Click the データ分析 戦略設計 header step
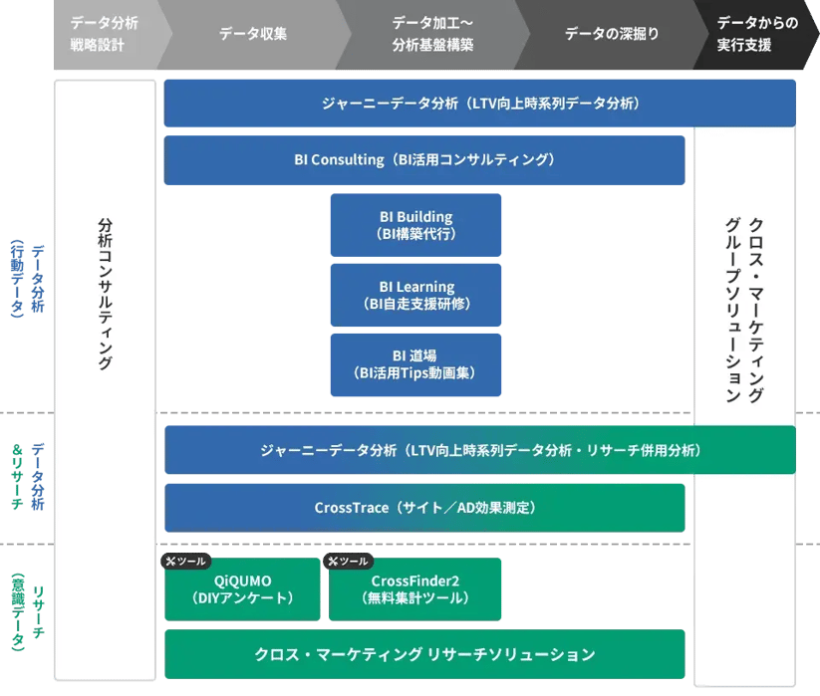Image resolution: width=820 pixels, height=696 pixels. [105, 35]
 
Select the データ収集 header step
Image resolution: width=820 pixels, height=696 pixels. [253, 35]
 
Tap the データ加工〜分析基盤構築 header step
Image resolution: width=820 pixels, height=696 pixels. [432, 35]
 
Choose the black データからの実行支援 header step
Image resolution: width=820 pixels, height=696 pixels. [756, 35]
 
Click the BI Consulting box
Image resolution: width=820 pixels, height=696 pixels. [423, 159]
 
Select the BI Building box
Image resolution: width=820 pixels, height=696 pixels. [415, 225]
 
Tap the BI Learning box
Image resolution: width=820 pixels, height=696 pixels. [415, 296]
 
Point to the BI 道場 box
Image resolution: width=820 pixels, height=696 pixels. [415, 364]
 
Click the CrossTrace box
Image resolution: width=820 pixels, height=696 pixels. [424, 508]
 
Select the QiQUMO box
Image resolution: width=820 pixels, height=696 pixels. [242, 589]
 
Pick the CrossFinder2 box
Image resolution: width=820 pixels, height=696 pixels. [414, 589]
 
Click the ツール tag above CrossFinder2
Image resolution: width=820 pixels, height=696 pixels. [349, 562]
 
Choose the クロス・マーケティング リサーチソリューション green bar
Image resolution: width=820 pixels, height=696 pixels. [424, 654]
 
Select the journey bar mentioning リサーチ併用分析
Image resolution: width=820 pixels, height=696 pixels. [480, 450]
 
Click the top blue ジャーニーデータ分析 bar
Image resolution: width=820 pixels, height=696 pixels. [479, 104]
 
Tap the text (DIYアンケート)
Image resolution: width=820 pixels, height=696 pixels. [242, 598]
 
